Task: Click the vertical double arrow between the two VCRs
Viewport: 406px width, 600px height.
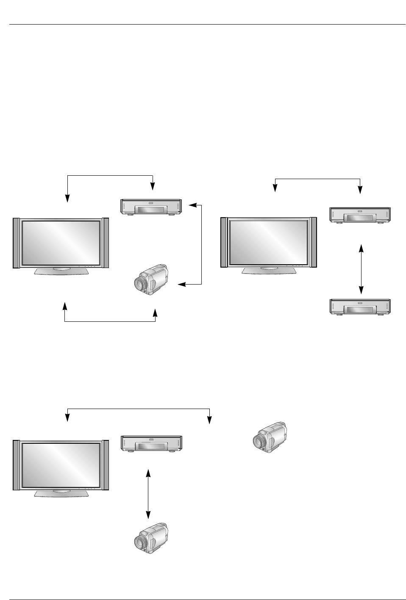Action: tap(361, 269)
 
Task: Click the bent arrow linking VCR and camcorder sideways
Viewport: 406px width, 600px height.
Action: tap(201, 245)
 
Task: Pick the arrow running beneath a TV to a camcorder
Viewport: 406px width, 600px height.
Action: tap(110, 321)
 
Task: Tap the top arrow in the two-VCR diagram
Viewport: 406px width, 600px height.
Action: tap(317, 179)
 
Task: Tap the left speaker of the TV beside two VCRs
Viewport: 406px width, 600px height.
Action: tap(224, 243)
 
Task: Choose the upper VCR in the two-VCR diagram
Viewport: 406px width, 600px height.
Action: tap(360, 215)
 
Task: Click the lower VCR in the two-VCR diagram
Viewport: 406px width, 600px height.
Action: tap(360, 307)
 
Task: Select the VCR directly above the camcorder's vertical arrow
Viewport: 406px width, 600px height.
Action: tap(151, 443)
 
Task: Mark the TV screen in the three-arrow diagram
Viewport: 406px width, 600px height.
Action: tap(61, 243)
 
